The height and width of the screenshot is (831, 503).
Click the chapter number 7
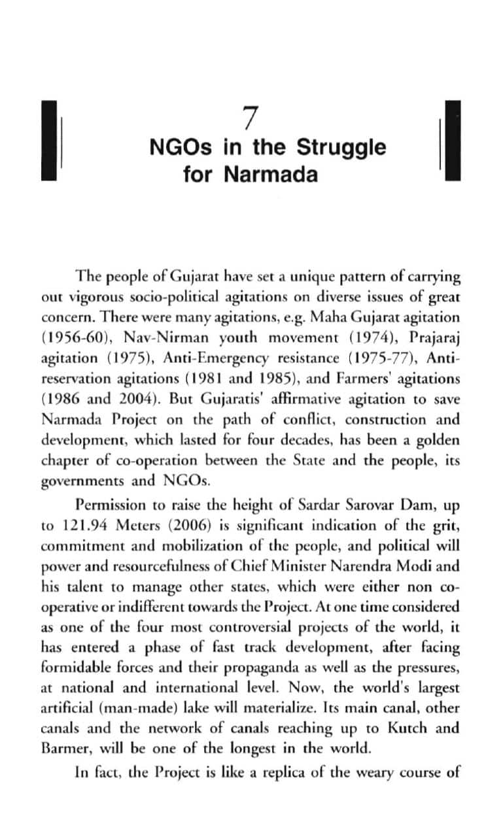coord(248,118)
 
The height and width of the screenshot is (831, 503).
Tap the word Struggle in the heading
coord(341,147)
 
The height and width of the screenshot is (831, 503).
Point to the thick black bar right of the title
coord(451,141)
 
